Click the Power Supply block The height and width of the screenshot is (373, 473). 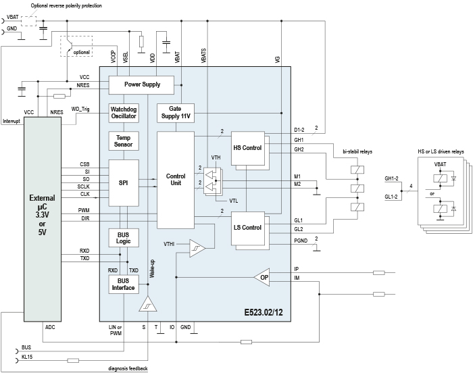[141, 84]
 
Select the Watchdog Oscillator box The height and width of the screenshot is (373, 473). [124, 113]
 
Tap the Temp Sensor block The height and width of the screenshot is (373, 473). [124, 141]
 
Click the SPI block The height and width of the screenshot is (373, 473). [124, 183]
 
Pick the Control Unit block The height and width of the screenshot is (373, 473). [176, 180]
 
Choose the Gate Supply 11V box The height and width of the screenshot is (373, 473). [176, 113]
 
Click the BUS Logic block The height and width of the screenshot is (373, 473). [124, 238]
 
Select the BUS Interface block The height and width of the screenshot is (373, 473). [124, 284]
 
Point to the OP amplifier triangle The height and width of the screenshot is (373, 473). [262, 277]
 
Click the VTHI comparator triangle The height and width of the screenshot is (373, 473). [197, 248]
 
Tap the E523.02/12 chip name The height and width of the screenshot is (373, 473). [264, 312]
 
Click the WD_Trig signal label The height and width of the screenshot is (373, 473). [80, 109]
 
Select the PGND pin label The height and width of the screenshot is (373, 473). [301, 241]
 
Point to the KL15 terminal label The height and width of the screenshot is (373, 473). [27, 357]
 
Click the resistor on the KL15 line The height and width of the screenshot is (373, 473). [73, 360]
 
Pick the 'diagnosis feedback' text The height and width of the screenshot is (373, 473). [128, 368]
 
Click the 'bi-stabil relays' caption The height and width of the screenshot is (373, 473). [357, 151]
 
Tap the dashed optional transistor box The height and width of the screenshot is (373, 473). [76, 46]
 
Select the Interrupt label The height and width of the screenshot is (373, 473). [11, 121]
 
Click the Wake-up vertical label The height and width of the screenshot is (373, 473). [152, 268]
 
